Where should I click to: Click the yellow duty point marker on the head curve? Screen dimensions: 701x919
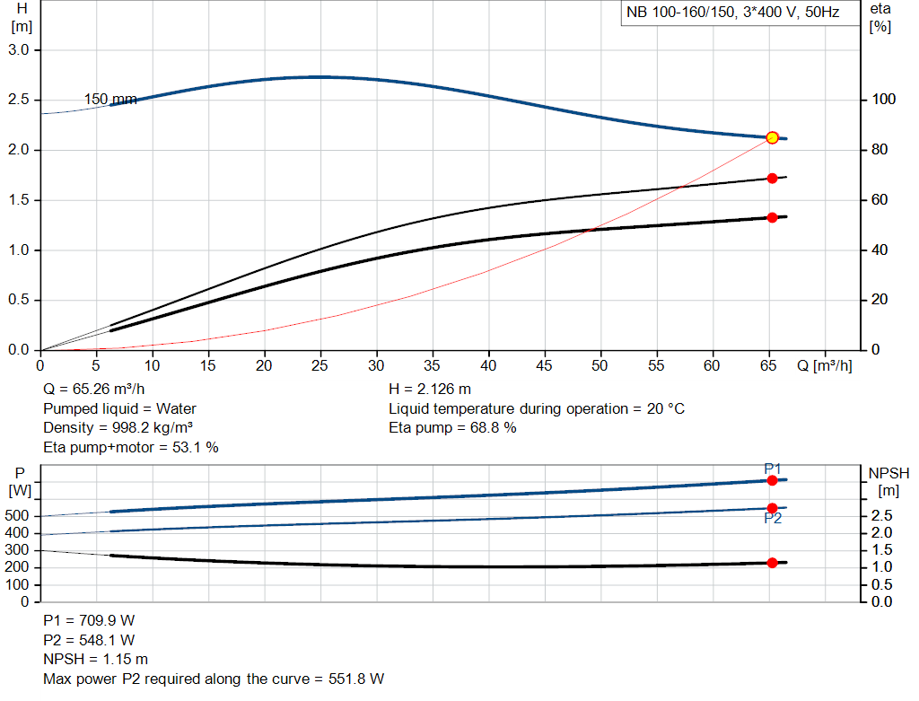tap(772, 137)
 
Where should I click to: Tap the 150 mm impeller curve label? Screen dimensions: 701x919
tap(110, 99)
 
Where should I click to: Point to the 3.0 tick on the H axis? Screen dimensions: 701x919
tap(20, 49)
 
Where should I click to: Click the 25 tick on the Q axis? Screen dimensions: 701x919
tap(320, 365)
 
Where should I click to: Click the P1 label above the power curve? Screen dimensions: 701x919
tap(773, 469)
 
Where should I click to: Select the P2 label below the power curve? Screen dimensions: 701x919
tap(773, 518)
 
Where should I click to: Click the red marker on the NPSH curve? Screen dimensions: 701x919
tap(772, 563)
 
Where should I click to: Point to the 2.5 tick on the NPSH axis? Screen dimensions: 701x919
tap(881, 516)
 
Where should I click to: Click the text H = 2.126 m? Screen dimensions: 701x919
tap(430, 389)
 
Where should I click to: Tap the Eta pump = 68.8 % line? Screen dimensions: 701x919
tap(452, 428)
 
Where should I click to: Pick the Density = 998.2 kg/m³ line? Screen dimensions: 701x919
tap(118, 428)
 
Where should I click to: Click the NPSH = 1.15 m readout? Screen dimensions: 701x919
tap(96, 660)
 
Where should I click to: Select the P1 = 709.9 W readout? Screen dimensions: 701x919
tap(89, 620)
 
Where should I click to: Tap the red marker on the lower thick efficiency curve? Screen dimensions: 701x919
tap(772, 217)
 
